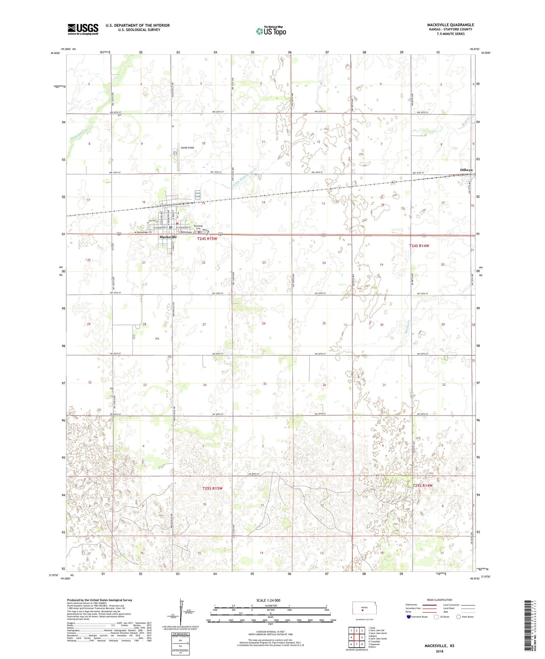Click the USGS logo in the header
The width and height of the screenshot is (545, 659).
pyautogui.click(x=83, y=29)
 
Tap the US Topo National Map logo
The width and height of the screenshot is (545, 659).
pyautogui.click(x=270, y=31)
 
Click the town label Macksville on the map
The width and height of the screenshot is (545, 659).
pyautogui.click(x=168, y=237)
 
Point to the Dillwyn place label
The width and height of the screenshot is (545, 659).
pyautogui.click(x=466, y=170)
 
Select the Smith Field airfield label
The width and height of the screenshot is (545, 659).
pyautogui.click(x=187, y=148)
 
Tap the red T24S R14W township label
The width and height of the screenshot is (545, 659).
pyautogui.click(x=419, y=246)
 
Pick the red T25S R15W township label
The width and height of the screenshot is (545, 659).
pyautogui.click(x=212, y=488)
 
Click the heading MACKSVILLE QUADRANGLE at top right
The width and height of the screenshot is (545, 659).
pyautogui.click(x=450, y=25)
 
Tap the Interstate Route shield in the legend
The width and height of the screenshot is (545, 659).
pyautogui.click(x=409, y=617)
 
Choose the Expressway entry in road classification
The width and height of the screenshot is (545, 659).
pyautogui.click(x=413, y=605)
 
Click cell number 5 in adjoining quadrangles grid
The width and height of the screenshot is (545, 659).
pyautogui.click(x=362, y=637)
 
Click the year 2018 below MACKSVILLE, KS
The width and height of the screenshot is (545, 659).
pyautogui.click(x=439, y=651)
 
